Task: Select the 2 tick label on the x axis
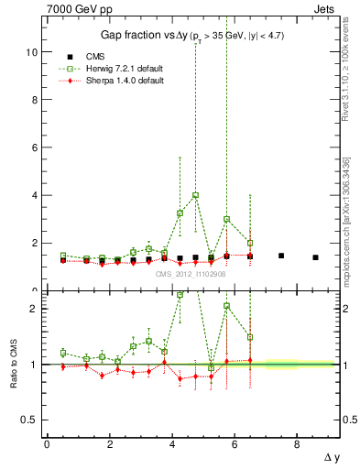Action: (110, 444)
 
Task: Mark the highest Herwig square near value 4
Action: (196, 195)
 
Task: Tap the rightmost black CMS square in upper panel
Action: (315, 257)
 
